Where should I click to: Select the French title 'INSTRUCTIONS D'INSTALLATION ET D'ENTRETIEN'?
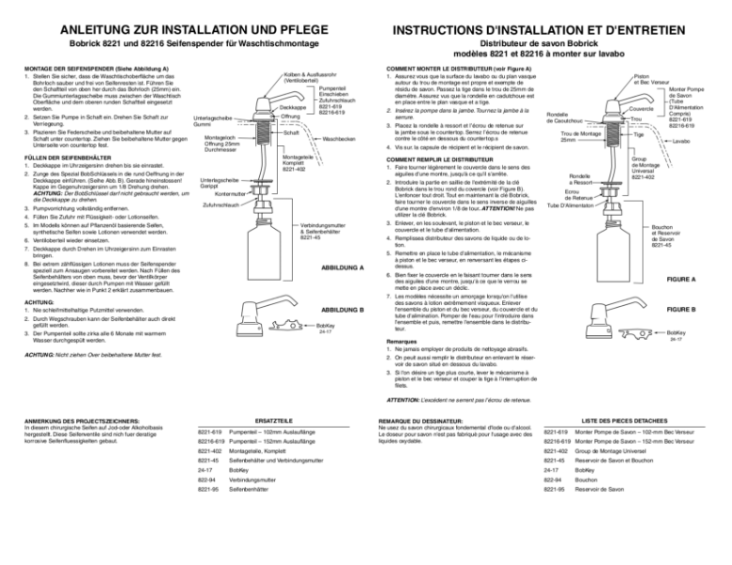[x=548, y=16]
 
